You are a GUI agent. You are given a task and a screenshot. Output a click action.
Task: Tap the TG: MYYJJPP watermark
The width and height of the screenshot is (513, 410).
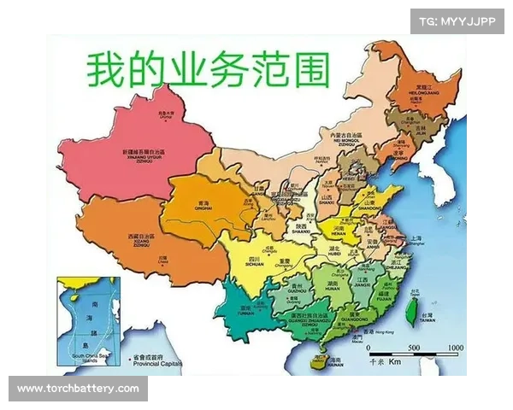pyautogui.click(x=458, y=20)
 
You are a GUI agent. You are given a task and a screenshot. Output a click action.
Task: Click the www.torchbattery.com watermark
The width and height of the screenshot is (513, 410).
pyautogui.click(x=78, y=389)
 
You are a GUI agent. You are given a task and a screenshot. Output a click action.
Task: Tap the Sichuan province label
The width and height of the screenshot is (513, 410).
pyautogui.click(x=254, y=261)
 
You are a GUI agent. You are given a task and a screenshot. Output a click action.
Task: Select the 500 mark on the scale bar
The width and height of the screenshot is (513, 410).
pyautogui.click(x=412, y=348)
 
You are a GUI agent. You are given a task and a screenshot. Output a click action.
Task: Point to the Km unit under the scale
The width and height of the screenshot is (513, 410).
pyautogui.click(x=394, y=362)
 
